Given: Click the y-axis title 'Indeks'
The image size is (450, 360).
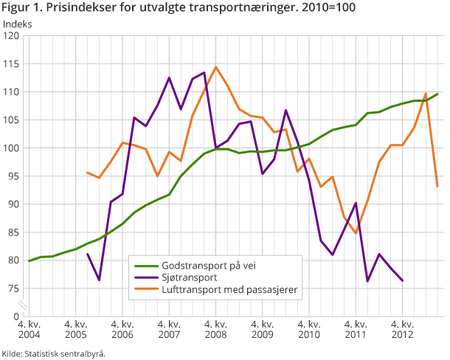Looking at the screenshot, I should (x=18, y=24).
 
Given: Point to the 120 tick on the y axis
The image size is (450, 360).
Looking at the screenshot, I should (x=13, y=36).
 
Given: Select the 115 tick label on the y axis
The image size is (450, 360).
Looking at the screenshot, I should (x=13, y=64).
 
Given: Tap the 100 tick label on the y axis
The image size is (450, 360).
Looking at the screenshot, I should (x=13, y=148).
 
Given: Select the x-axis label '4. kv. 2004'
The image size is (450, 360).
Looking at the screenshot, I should (x=29, y=329).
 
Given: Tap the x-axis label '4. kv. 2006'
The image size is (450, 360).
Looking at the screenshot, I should (x=122, y=329).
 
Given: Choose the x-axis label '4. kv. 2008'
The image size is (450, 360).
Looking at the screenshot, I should (x=215, y=329).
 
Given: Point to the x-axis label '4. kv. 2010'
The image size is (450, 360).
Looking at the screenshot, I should (x=309, y=329).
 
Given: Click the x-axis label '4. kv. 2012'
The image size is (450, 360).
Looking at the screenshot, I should (x=402, y=329).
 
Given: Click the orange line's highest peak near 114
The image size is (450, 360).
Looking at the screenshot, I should (x=215, y=67).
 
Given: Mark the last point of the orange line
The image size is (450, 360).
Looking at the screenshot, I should (x=437, y=186).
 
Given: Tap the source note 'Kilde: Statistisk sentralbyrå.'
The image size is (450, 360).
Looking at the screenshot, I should (x=54, y=353).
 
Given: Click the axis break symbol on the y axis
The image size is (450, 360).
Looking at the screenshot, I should (x=23, y=303).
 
